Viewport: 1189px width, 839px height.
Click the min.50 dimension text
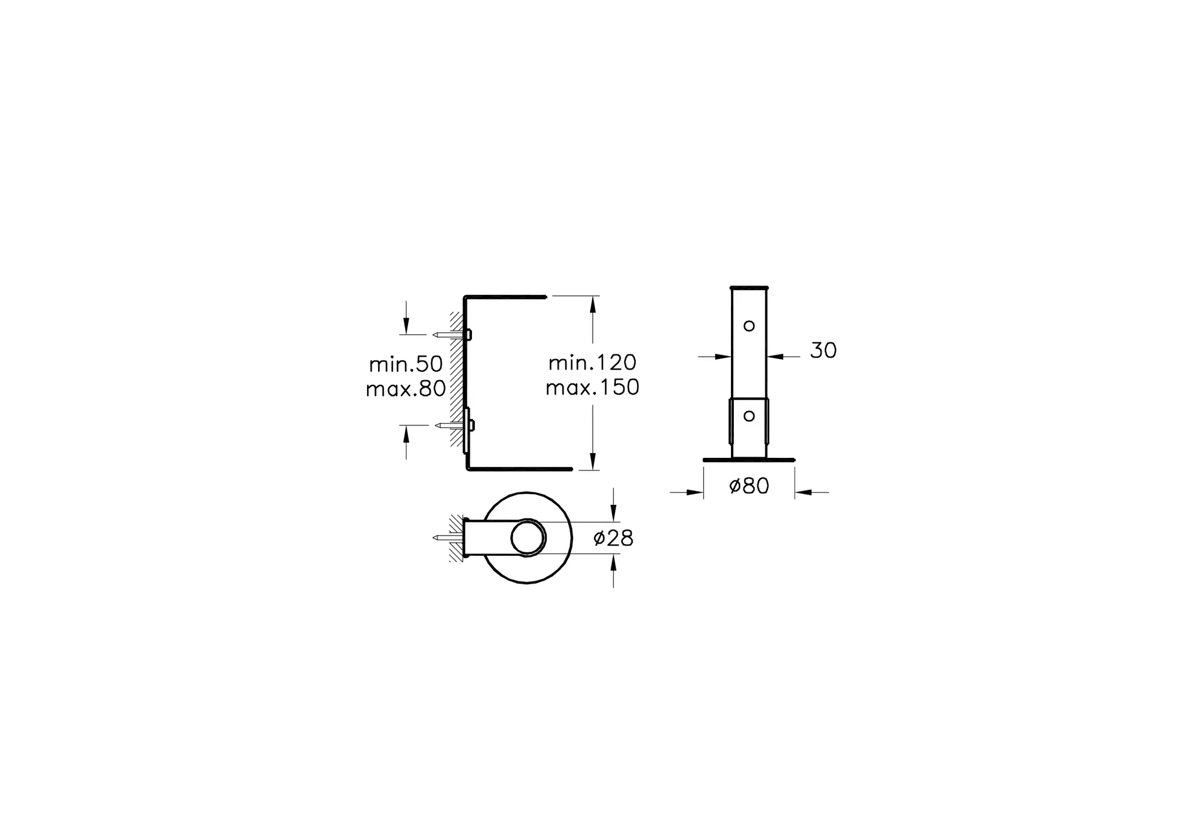pos(406,364)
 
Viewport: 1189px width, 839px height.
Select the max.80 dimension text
pos(405,389)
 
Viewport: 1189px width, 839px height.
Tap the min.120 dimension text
pos(592,363)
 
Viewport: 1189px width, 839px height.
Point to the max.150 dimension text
pos(592,387)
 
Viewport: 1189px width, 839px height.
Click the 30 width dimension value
pos(823,350)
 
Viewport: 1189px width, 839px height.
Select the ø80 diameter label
pos(749,486)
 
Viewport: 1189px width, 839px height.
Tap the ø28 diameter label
pos(613,538)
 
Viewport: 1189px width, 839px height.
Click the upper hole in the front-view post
pos(749,326)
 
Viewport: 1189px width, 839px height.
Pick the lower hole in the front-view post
pos(749,416)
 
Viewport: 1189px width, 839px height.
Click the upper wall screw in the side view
pos(452,335)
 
